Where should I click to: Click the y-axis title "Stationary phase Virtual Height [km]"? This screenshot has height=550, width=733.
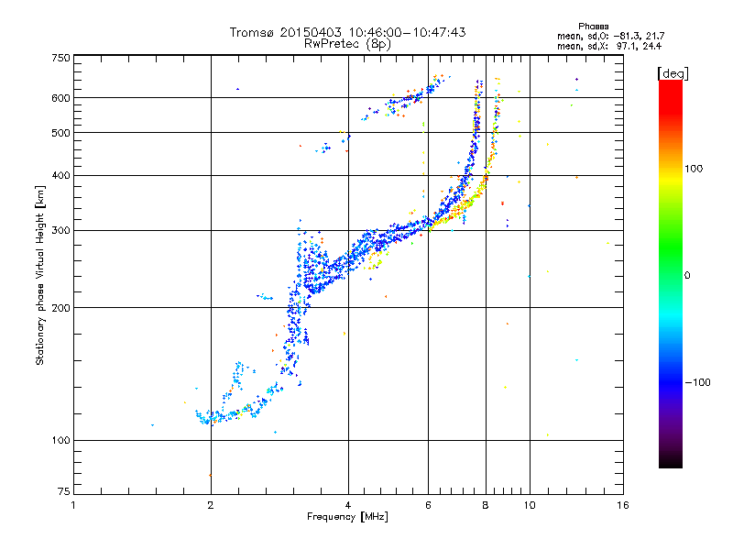click(x=40, y=275)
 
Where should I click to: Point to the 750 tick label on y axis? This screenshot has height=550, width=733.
click(x=60, y=58)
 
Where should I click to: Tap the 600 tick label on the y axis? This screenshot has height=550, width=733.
click(x=60, y=97)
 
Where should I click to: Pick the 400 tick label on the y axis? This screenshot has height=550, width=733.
click(x=60, y=175)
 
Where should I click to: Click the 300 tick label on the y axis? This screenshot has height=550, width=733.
click(x=60, y=230)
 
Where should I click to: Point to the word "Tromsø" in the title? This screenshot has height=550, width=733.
click(x=254, y=32)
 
